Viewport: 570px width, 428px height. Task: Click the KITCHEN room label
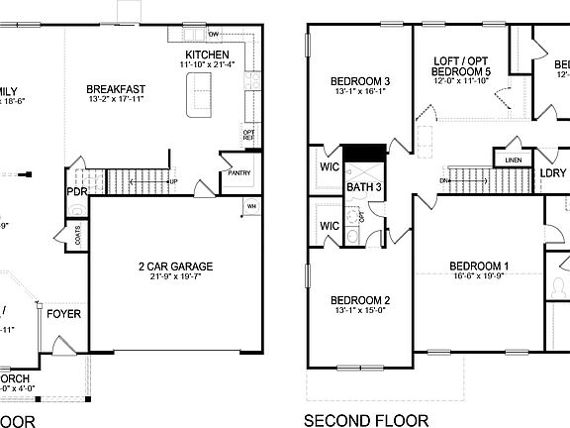pos(207,54)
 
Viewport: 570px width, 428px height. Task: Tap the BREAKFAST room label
pos(117,89)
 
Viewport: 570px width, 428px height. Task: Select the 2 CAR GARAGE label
pos(175,266)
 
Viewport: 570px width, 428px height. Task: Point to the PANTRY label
pos(239,172)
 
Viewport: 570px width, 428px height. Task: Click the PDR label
pos(77,191)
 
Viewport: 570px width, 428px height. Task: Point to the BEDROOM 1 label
pos(479,266)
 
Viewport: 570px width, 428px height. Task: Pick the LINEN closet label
pos(513,160)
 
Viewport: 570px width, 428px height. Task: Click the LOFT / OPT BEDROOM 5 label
pos(462,66)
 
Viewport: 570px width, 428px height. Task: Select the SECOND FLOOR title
pos(366,420)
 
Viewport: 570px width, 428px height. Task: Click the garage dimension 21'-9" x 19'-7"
pos(175,277)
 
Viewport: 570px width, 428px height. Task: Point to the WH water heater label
pos(251,206)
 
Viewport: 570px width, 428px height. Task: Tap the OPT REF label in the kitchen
pos(248,135)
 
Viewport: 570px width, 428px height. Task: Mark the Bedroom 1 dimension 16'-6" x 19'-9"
pos(479,277)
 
